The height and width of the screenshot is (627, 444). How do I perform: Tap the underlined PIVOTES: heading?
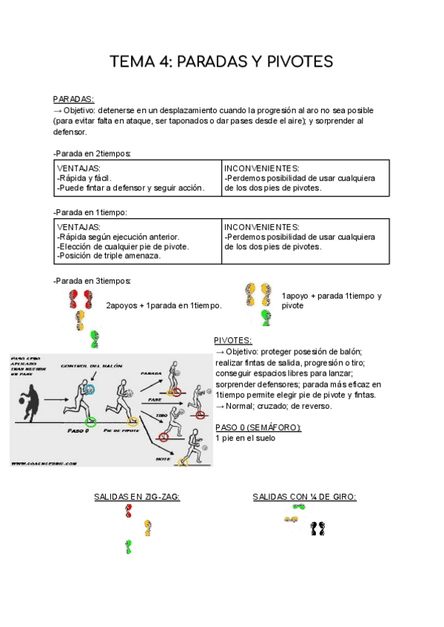pos(233,341)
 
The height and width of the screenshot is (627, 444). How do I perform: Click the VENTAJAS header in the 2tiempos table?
pos(78,168)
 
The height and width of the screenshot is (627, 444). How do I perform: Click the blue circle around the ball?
pos(90,389)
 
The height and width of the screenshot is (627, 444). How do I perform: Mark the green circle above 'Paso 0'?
pos(90,421)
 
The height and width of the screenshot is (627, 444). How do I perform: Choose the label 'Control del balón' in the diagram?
pos(92,366)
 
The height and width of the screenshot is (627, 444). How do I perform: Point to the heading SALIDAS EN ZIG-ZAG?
pos(137,497)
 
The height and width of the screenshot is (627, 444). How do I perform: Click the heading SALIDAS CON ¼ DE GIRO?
pos(304,497)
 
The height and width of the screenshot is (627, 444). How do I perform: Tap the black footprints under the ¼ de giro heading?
pos(318,528)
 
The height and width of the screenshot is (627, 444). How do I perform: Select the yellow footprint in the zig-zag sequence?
pos(149,527)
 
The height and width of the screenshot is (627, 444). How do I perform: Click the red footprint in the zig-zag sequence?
pos(129,510)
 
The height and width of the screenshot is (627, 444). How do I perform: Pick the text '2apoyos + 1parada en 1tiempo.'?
pos(164,305)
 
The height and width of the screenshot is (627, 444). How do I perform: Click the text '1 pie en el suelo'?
pos(245,438)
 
